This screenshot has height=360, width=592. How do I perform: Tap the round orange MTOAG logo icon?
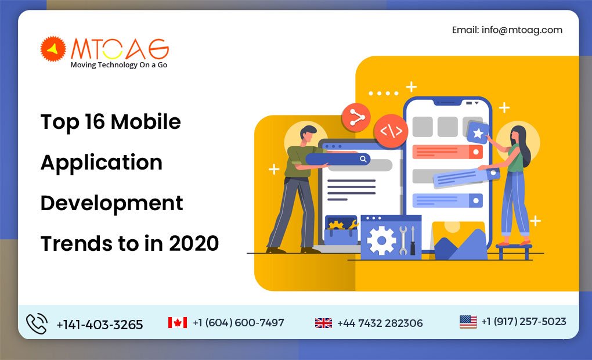[53, 49]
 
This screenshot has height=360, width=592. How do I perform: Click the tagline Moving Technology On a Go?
[118, 65]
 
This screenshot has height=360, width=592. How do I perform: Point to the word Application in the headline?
[101, 162]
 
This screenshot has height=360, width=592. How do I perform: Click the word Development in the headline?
[111, 203]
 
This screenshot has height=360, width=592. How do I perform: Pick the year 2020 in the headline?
[194, 243]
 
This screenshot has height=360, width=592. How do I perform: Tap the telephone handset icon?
[37, 323]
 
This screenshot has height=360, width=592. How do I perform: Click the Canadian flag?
[178, 323]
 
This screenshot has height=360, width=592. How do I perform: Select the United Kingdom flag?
[323, 323]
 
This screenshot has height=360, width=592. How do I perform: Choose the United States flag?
[468, 322]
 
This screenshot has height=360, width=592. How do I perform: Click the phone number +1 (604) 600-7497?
[239, 323]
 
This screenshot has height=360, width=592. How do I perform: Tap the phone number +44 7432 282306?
[380, 323]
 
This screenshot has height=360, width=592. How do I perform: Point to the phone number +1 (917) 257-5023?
[524, 322]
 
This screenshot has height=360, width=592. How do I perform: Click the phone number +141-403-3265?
[99, 325]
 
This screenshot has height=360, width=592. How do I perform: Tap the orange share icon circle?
[356, 117]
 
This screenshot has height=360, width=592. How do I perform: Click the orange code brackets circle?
[390, 131]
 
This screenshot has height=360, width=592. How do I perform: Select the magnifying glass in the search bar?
[363, 159]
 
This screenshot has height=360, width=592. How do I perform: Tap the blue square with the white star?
[478, 133]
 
